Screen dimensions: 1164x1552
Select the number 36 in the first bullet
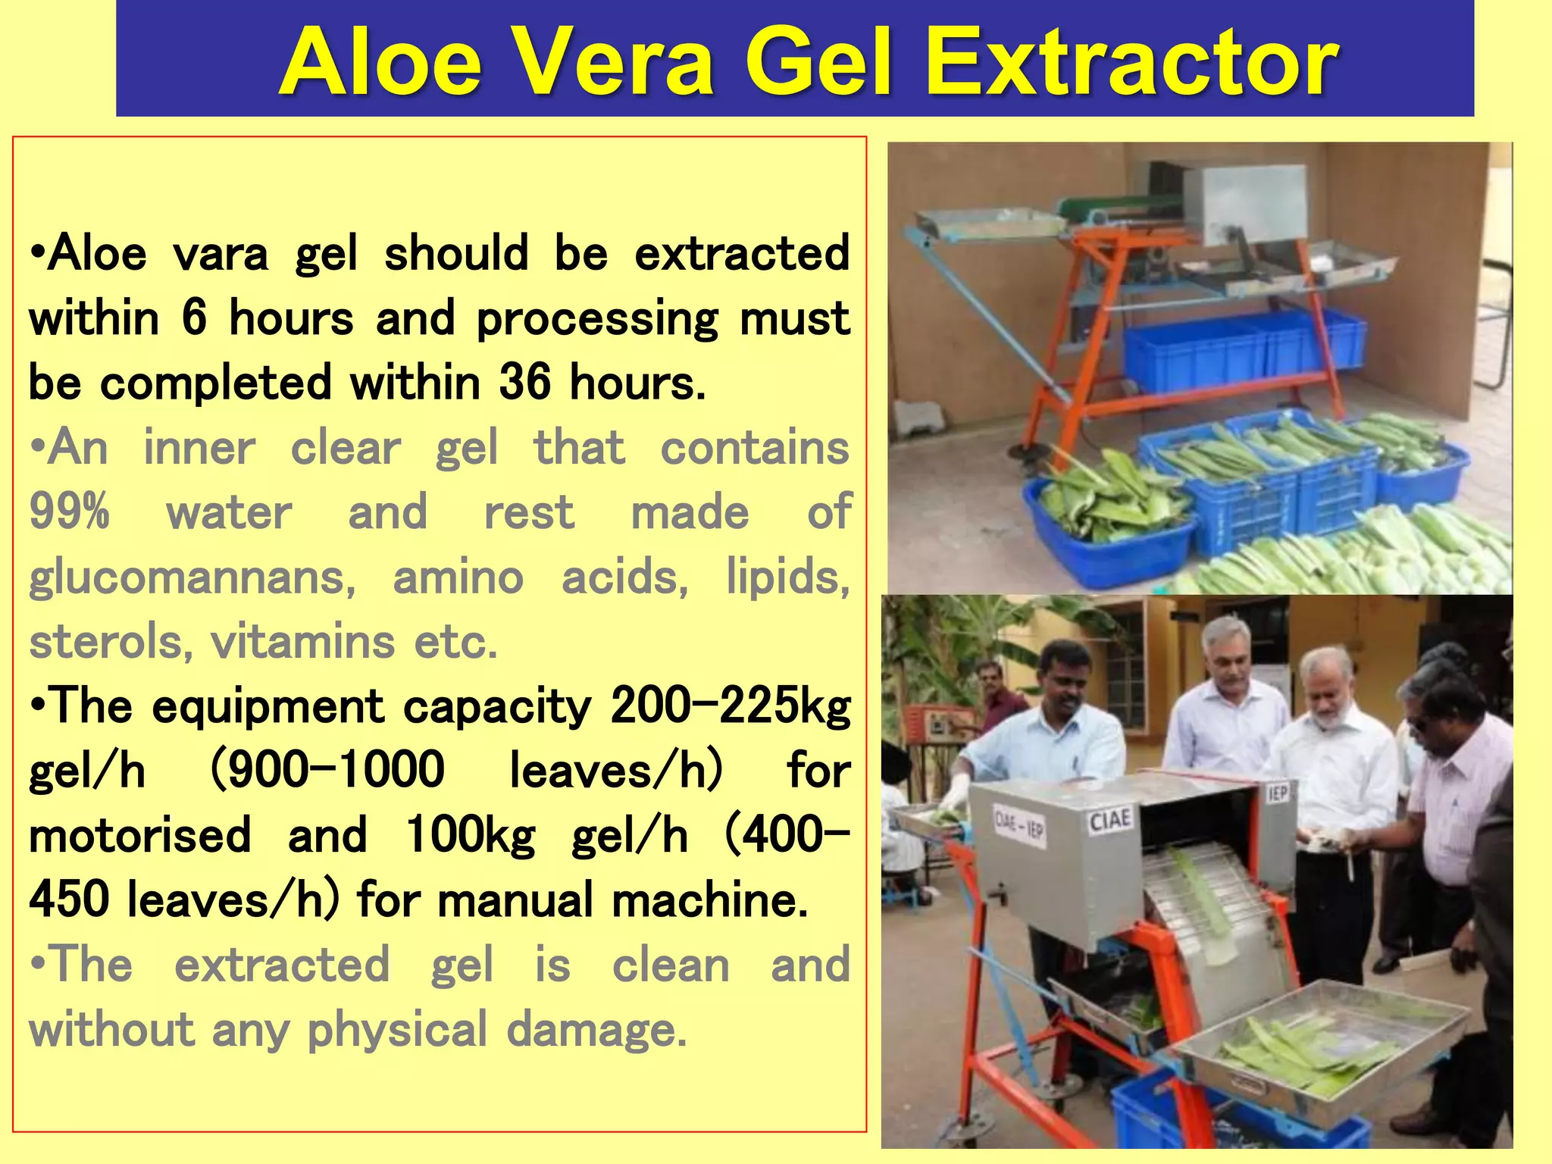tap(524, 382)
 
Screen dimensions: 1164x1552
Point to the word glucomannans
tap(192, 578)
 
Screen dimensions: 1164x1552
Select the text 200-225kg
tap(731, 706)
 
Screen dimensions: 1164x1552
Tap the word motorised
tap(139, 835)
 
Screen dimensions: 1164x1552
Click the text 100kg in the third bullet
tap(471, 835)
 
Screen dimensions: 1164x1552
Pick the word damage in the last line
tap(596, 1030)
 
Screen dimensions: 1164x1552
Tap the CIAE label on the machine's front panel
tap(1109, 821)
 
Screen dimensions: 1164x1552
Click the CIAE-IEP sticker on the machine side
tap(1019, 829)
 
